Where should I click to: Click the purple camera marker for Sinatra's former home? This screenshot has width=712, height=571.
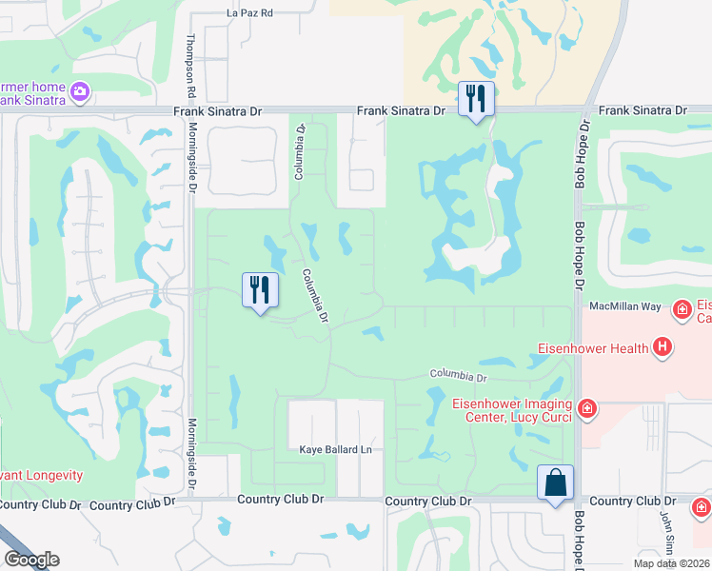click(80, 91)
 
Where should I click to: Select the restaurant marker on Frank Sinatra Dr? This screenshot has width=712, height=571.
click(476, 98)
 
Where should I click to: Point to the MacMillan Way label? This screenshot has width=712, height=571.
click(624, 306)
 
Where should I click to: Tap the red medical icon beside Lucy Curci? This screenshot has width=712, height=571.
click(588, 408)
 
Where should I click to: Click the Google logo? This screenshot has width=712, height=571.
click(31, 560)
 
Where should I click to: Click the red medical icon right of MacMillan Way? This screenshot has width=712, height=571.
click(682, 309)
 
